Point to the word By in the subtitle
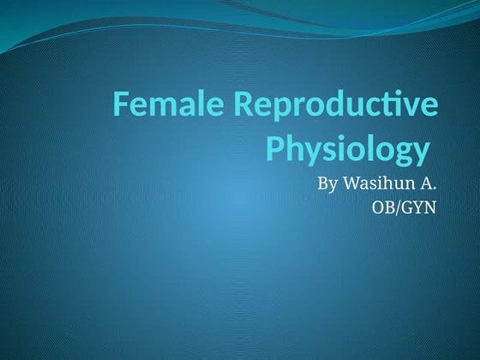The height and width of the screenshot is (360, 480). tap(327, 183)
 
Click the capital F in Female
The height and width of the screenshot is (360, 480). tap(122, 106)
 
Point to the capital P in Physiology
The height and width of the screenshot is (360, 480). tap(275, 148)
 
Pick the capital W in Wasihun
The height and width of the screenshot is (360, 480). tap(350, 183)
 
